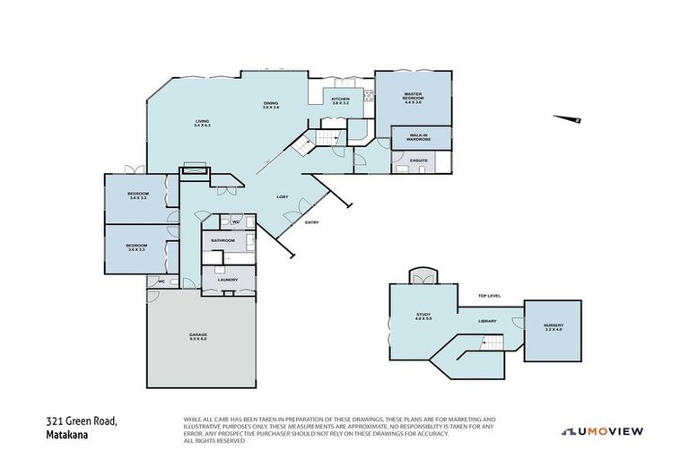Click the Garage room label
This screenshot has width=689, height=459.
point(198,337)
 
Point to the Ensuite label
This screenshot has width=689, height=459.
point(419,160)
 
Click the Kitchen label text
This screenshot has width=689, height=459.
point(340,101)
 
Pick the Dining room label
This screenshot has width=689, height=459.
point(271,105)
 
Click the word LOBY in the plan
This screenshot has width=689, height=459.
point(281,195)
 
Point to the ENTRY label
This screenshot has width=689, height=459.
point(311,222)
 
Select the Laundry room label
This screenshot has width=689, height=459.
point(226,280)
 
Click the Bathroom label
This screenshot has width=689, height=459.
point(222,240)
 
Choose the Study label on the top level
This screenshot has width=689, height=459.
point(423,316)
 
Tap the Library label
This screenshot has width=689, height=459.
point(487,321)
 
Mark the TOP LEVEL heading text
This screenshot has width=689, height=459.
point(489,295)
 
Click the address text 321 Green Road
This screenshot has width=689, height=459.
point(83,420)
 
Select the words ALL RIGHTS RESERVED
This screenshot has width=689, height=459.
point(214,440)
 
